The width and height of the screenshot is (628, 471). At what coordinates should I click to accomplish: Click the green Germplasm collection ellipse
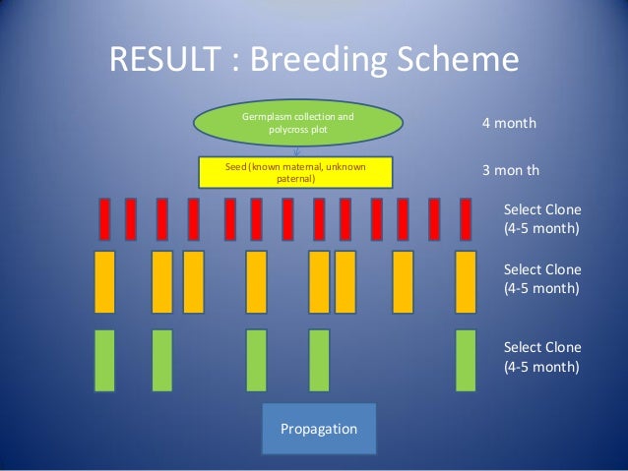pos(297,122)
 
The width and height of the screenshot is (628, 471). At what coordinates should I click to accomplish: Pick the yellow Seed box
pos(295,173)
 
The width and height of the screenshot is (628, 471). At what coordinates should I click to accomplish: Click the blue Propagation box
pos(319,430)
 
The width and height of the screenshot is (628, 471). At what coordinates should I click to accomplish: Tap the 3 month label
pos(510,170)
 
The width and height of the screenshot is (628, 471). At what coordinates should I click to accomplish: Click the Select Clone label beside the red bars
pos(541,219)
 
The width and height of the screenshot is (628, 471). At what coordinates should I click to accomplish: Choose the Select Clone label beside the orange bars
pos(541,278)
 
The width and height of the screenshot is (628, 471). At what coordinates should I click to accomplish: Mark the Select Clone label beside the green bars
pos(541,357)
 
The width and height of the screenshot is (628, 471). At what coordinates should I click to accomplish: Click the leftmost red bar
pos(103,219)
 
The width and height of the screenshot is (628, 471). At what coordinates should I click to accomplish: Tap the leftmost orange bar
pos(104,281)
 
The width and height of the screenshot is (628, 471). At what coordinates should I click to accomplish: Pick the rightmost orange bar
pos(466,281)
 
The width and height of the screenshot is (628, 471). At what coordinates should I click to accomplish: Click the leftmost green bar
pos(104,360)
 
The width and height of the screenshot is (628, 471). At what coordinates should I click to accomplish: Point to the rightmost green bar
pos(466,360)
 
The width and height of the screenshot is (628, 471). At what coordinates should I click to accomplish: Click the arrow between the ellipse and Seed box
pos(296,151)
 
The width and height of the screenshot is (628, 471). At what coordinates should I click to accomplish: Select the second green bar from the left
pos(162,360)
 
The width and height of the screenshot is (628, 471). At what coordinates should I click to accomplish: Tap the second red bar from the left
pos(131,219)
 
